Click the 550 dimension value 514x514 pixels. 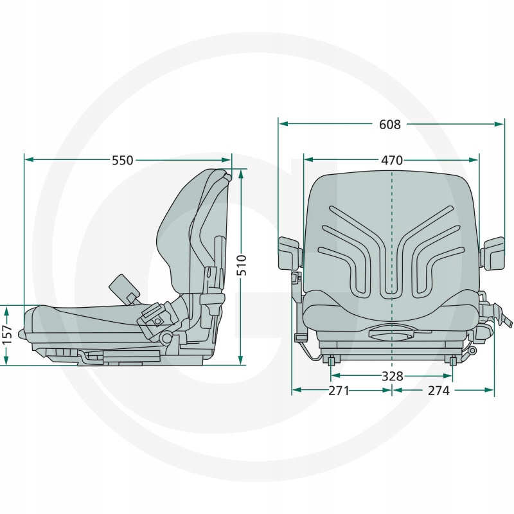click(x=123, y=161)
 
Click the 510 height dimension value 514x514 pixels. click(x=242, y=264)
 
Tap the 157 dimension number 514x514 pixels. click(x=6, y=334)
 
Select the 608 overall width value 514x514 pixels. click(x=390, y=125)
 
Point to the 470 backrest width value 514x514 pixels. click(x=391, y=161)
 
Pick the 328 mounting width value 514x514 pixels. click(x=392, y=376)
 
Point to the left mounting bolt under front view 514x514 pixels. click(x=331, y=361)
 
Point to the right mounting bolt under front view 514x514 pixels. click(x=453, y=361)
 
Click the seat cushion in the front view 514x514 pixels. click(x=391, y=312)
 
